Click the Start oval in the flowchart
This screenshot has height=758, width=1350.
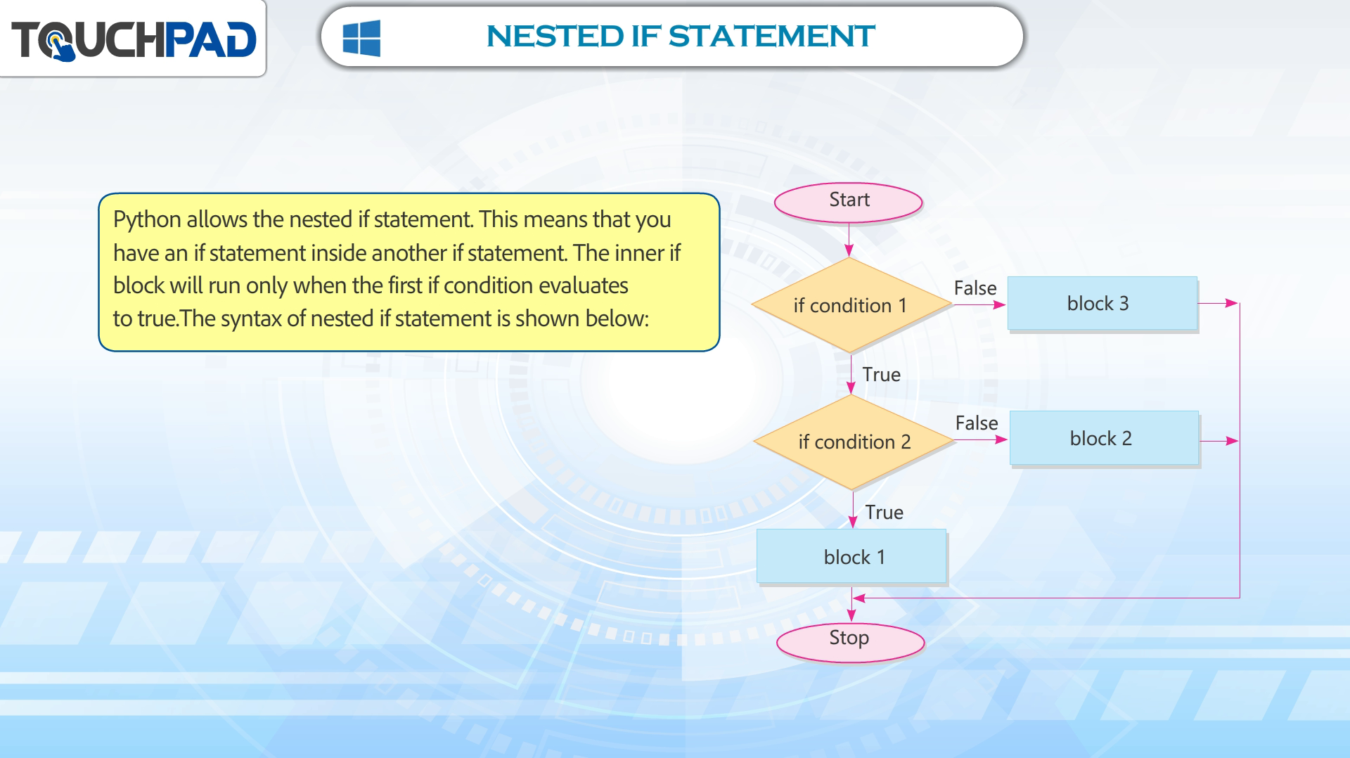tap(848, 203)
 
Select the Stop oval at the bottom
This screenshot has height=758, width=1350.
tap(850, 642)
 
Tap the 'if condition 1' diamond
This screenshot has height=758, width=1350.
tap(851, 305)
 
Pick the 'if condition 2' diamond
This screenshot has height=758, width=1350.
tap(853, 442)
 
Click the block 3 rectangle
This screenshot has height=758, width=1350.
tap(1102, 303)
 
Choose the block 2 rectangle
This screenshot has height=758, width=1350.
tap(1104, 438)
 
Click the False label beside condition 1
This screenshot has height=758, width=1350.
tap(975, 288)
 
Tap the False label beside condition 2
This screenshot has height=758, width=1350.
tap(977, 423)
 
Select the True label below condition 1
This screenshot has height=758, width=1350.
tap(882, 375)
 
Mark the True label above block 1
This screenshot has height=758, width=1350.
tap(885, 513)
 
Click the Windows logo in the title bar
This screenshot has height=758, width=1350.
tap(361, 38)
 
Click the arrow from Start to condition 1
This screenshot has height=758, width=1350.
tap(849, 240)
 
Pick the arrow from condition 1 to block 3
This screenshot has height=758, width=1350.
tap(979, 305)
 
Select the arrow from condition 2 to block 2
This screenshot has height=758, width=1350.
tap(981, 440)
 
